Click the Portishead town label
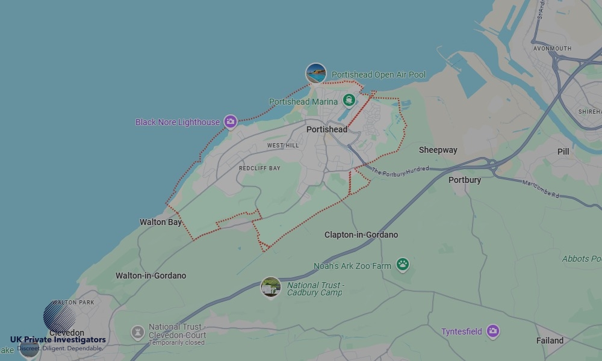point(326,129)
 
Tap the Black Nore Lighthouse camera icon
point(230,122)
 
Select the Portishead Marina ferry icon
point(348,100)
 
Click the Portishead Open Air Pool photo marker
point(316,73)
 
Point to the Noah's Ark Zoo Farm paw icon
point(402,264)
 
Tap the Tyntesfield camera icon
point(493,331)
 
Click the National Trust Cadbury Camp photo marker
point(271,287)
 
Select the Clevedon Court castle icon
point(138,332)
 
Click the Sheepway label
point(438,150)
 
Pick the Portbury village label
point(465,180)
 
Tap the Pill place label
point(563,152)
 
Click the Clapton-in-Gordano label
point(361,235)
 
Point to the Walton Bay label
point(161,222)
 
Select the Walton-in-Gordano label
point(151,276)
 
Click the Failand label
point(550,341)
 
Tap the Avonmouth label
point(552,49)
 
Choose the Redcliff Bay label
point(259,168)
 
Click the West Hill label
point(283,146)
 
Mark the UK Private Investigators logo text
point(58,339)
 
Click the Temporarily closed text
point(176,343)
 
